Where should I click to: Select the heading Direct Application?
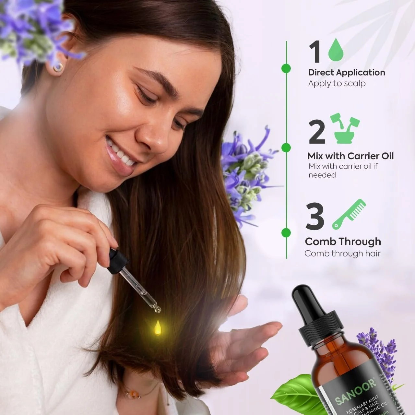click(x=347, y=72)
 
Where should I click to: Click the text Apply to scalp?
click(x=337, y=83)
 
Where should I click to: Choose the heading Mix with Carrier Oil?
click(x=350, y=156)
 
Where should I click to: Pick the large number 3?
click(x=315, y=216)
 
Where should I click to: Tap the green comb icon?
click(x=349, y=214)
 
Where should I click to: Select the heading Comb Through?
click(x=343, y=242)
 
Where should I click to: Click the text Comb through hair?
click(x=342, y=254)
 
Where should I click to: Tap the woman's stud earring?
click(x=58, y=67)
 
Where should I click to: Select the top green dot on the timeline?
click(x=286, y=68)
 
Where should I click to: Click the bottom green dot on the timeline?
click(x=286, y=232)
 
